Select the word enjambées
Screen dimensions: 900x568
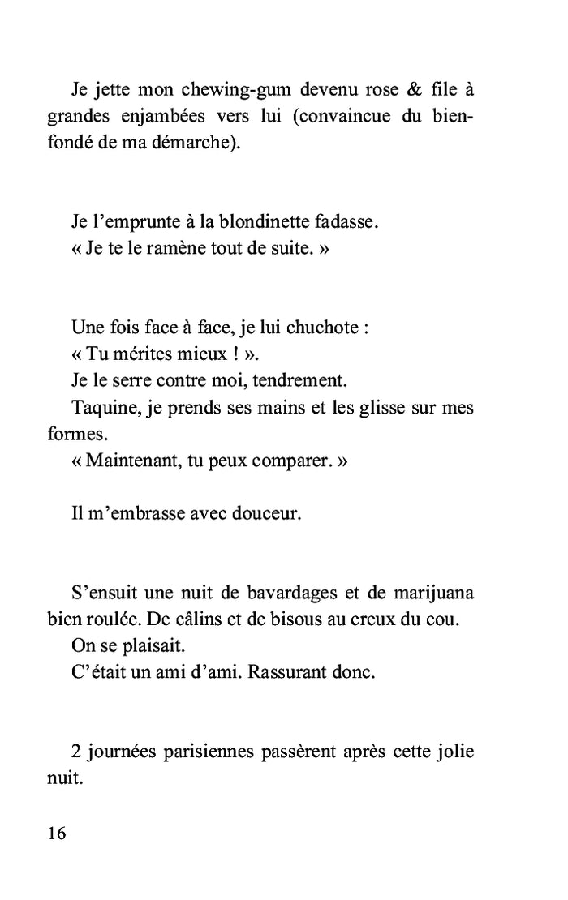166,117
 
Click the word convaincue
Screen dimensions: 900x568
345,117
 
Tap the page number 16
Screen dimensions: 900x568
57,834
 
